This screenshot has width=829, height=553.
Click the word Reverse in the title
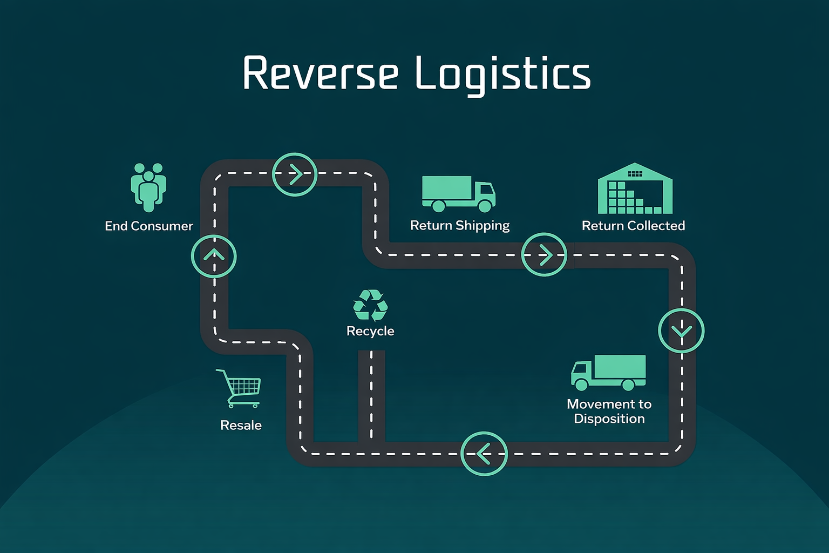pos(321,73)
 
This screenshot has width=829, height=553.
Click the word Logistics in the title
pos(503,74)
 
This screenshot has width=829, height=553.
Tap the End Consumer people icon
pos(148,187)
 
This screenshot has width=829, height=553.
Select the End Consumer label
pos(149,226)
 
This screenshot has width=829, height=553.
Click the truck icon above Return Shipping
pos(458,193)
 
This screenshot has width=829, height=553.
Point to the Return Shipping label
pos(460,225)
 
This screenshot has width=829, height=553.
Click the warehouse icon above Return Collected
pos(635,188)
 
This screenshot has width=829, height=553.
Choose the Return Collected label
pos(633,226)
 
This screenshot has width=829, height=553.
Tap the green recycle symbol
pos(370,305)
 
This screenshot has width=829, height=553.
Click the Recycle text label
pos(370,331)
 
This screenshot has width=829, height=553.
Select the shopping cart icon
pos(239,388)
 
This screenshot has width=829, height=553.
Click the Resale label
pos(241,426)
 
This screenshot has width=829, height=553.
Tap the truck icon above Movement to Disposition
pos(608,373)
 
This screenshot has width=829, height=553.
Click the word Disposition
pos(609,419)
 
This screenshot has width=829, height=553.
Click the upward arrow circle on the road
pos(214,256)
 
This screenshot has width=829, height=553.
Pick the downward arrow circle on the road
pos(681,331)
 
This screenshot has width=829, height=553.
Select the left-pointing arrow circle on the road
pos(484,454)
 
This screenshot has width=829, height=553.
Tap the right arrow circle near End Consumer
pos(295,174)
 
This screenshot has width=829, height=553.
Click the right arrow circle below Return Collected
pos(544,255)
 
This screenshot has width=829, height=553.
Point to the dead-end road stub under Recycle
pos(371,394)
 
